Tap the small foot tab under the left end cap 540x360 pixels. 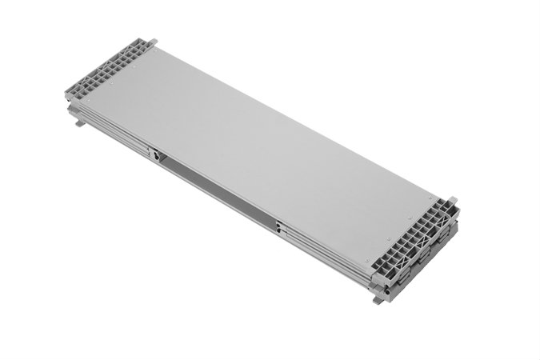[x=78, y=122]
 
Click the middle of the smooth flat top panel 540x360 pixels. [x=264, y=152]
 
